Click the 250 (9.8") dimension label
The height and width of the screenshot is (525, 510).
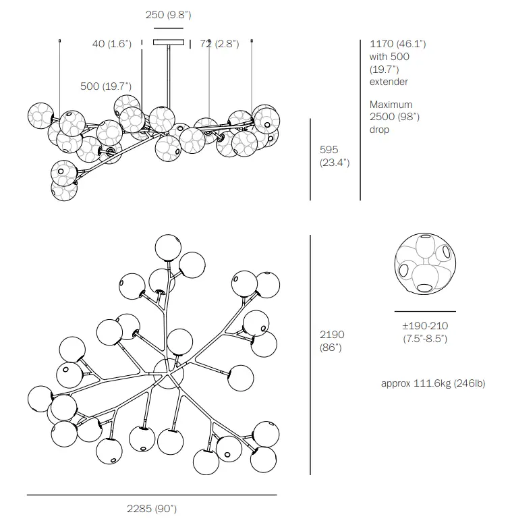168,15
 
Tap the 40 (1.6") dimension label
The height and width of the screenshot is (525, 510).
112,45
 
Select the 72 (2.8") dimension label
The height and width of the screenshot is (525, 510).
219,45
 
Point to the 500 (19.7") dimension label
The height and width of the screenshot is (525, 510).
106,86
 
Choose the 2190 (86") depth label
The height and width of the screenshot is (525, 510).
332,341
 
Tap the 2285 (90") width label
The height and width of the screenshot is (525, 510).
152,509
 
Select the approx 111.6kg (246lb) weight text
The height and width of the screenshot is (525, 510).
432,384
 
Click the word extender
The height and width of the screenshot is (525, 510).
389,82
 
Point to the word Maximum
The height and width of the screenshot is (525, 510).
391,105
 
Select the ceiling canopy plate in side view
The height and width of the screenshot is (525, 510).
168,43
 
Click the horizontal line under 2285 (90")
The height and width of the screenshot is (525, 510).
152,495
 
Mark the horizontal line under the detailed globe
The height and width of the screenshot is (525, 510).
424,311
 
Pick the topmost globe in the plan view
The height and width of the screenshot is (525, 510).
167,248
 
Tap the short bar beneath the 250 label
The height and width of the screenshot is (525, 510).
168,28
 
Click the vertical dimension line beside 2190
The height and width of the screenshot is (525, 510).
310,354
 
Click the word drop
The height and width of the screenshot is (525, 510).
379,130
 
